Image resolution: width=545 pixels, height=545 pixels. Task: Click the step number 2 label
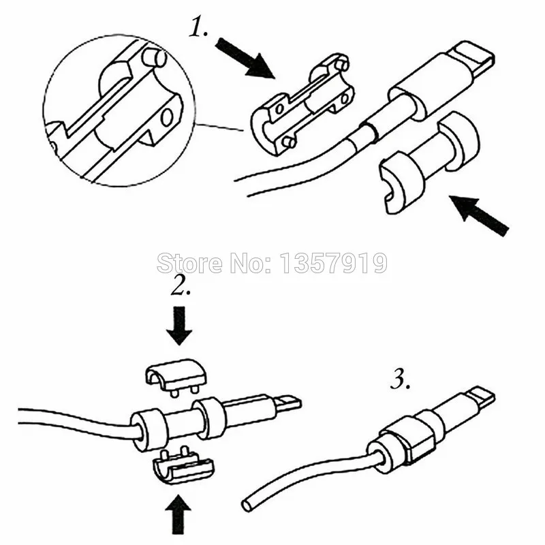click(181, 286)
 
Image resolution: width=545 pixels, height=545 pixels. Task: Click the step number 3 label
click(401, 379)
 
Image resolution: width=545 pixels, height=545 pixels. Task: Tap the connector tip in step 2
click(288, 405)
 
